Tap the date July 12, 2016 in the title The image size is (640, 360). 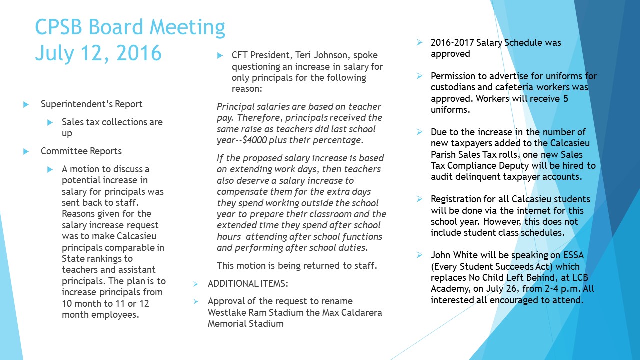(x=98, y=53)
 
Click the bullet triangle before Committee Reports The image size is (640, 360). (x=26, y=151)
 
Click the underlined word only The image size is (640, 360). (x=240, y=78)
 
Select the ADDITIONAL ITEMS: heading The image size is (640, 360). (x=247, y=284)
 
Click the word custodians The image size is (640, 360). (x=455, y=87)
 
